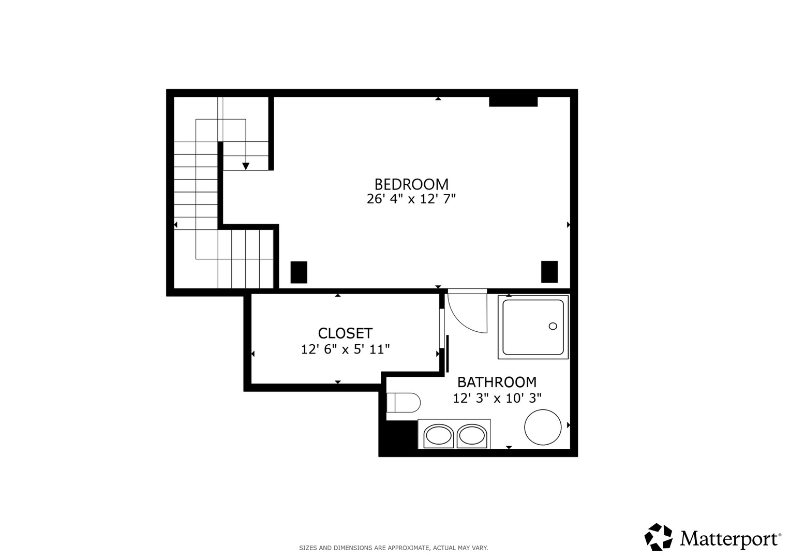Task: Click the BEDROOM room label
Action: point(411,184)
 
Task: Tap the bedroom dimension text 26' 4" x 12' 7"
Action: point(411,199)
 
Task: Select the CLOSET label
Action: point(345,333)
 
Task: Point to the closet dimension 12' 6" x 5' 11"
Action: point(345,349)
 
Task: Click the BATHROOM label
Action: point(497,382)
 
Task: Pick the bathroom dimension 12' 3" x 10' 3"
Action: point(497,398)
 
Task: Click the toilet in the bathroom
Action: point(404,403)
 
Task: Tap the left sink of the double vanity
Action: point(439,436)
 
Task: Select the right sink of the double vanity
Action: point(472,436)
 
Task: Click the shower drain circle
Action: point(553,327)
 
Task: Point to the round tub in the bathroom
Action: point(543,427)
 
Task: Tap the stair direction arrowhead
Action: point(246,166)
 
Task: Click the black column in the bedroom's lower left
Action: point(299,272)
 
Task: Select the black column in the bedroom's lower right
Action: point(549,272)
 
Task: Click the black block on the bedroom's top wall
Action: point(513,101)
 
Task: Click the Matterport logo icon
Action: point(659,537)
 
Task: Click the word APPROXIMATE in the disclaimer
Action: point(408,548)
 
